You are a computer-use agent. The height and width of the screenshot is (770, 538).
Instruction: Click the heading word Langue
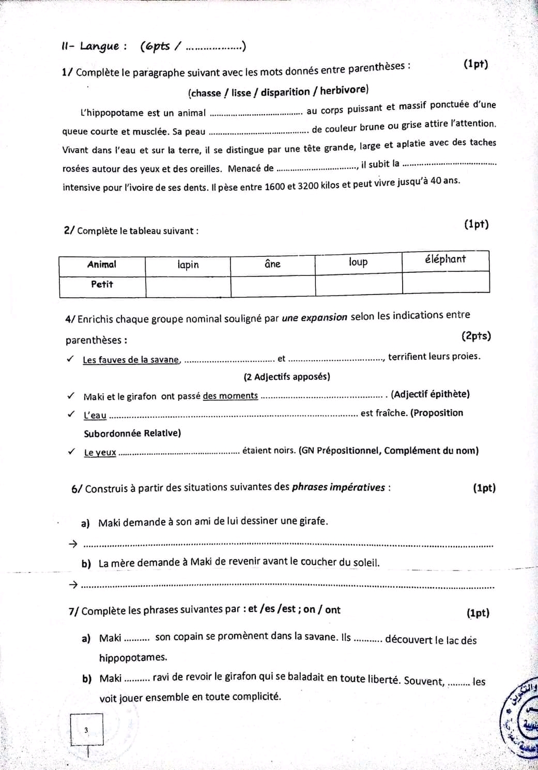click(x=100, y=47)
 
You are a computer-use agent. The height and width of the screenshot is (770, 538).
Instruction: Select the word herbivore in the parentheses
click(x=344, y=90)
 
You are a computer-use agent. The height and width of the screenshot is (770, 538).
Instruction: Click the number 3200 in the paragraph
click(x=311, y=185)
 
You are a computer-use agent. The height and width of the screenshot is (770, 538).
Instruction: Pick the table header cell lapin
click(x=188, y=265)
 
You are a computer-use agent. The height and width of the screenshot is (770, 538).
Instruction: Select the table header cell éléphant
click(x=445, y=259)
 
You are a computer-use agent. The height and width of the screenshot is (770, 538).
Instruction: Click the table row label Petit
click(x=102, y=284)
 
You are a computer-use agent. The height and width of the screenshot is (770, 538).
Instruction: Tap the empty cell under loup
click(x=358, y=284)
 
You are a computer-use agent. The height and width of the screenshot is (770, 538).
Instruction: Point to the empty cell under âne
click(x=272, y=285)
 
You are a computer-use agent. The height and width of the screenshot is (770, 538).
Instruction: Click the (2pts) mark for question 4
click(x=476, y=336)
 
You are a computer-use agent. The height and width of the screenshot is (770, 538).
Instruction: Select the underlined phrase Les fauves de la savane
click(x=131, y=360)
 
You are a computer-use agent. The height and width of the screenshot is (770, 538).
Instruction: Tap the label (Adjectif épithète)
click(x=430, y=394)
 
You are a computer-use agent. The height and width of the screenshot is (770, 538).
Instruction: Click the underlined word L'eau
click(x=95, y=415)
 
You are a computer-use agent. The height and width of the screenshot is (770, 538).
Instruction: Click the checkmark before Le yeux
click(x=71, y=451)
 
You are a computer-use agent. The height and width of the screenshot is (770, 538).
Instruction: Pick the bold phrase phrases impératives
click(x=339, y=487)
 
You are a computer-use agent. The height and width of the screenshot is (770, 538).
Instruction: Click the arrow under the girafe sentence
click(x=73, y=544)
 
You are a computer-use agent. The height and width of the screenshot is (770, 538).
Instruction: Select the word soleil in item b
click(x=365, y=562)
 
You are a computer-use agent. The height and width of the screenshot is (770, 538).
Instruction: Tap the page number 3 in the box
click(x=86, y=730)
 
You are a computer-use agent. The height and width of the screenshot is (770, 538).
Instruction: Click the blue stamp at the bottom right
click(x=521, y=723)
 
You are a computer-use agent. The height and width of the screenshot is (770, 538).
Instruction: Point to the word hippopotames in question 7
click(x=133, y=657)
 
